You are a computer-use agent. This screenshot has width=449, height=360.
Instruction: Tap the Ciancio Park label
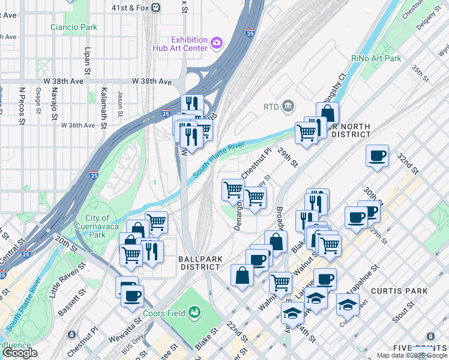click(74, 27)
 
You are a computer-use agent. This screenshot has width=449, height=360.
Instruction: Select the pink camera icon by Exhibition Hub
click(215, 43)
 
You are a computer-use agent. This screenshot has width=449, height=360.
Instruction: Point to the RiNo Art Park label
click(376, 58)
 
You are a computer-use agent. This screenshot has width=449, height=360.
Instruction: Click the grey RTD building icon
click(288, 107)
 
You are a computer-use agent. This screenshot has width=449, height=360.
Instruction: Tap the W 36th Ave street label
click(78, 125)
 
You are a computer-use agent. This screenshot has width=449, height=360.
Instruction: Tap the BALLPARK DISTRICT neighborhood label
click(200, 262)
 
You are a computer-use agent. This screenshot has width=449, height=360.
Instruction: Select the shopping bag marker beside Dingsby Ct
click(328, 113)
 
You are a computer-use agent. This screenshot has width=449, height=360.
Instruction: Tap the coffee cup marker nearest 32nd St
click(377, 156)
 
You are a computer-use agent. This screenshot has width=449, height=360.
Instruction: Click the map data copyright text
click(412, 355)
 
